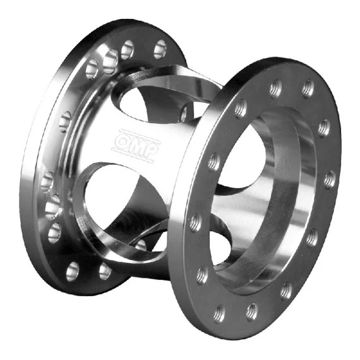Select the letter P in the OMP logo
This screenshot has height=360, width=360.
pyautogui.click(x=152, y=152)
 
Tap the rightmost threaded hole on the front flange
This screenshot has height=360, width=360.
pyautogui.click(x=330, y=178)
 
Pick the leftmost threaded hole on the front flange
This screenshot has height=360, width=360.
pyautogui.click(x=196, y=222)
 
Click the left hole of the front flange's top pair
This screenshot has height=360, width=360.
pyautogui.click(x=275, y=87)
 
